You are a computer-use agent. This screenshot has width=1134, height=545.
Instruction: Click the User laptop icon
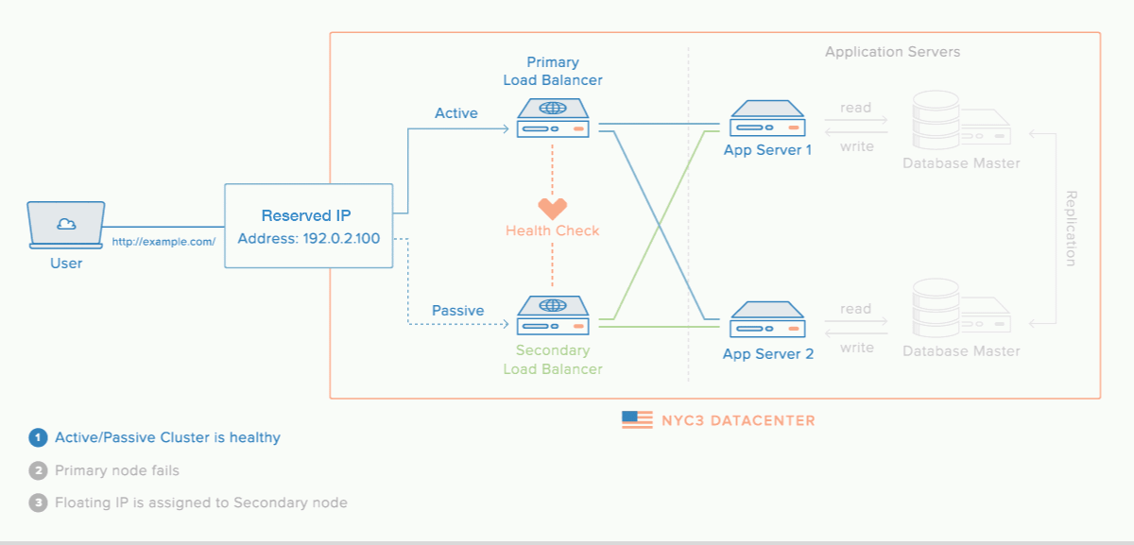tap(66, 225)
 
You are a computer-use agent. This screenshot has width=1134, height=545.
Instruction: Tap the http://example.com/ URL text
tap(163, 242)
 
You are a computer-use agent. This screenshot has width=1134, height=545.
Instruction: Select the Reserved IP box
tap(308, 226)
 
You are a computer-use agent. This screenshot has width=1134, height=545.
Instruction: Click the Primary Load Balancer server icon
tap(553, 117)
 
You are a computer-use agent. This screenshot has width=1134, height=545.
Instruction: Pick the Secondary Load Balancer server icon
tap(553, 315)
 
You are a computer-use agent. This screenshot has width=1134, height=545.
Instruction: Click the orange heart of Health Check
tap(553, 208)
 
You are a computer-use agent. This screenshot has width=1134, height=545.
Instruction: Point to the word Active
tap(456, 113)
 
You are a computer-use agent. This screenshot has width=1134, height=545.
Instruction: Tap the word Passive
tap(457, 311)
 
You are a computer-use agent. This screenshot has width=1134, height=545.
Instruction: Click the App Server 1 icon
tap(767, 119)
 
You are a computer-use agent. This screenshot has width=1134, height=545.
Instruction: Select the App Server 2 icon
tap(767, 320)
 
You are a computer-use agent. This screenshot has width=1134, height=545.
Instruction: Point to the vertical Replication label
tap(1071, 229)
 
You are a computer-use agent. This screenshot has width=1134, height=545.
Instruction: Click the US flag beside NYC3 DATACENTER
tap(637, 420)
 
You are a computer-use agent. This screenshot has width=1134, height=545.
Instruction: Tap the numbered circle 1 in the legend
tap(38, 438)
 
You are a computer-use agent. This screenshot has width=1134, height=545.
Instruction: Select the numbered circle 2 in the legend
tap(38, 470)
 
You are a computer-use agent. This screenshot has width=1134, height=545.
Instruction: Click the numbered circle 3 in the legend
tap(38, 502)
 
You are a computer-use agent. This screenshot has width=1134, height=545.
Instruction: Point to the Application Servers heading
tap(892, 52)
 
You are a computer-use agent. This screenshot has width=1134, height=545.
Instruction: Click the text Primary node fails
tap(117, 470)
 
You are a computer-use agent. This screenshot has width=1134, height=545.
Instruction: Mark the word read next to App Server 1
tap(855, 108)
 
